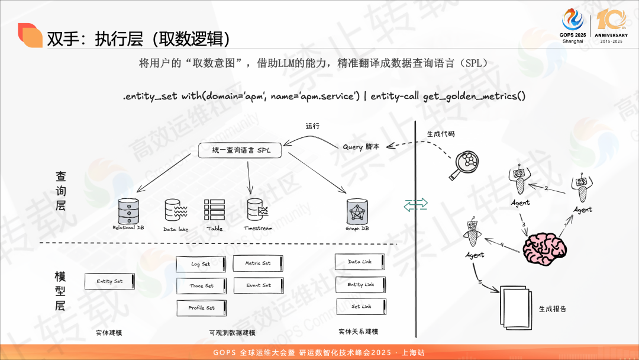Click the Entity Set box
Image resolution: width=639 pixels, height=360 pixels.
click(109, 281)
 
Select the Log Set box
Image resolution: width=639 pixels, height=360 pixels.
click(201, 264)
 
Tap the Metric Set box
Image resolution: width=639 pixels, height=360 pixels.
click(258, 263)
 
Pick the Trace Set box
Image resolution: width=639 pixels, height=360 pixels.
click(201, 286)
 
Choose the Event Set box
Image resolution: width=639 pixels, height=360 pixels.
click(259, 285)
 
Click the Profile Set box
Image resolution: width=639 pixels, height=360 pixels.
click(201, 308)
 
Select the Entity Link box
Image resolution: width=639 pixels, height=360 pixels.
click(361, 285)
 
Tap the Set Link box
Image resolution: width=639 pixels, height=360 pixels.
click(361, 307)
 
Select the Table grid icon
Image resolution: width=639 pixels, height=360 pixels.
click(214, 211)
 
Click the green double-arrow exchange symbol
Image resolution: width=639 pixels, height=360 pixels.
click(415, 205)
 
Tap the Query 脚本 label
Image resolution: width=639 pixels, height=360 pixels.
click(361, 147)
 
